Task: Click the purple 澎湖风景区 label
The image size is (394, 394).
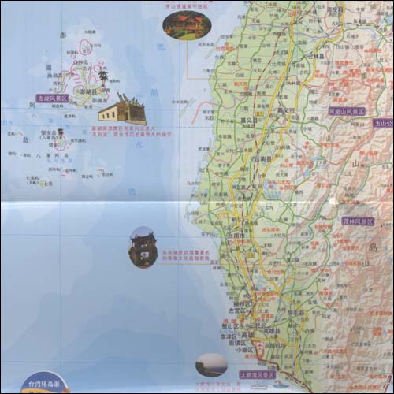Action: coord(53,98)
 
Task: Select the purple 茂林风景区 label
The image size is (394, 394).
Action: coord(358,221)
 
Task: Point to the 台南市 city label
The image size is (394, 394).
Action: coord(238,235)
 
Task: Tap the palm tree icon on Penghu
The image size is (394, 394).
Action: coord(102,76)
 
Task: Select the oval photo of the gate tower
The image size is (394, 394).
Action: coord(143,247)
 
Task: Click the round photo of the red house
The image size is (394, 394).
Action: coord(187,24)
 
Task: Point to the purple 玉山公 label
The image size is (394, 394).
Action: coord(384,123)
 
